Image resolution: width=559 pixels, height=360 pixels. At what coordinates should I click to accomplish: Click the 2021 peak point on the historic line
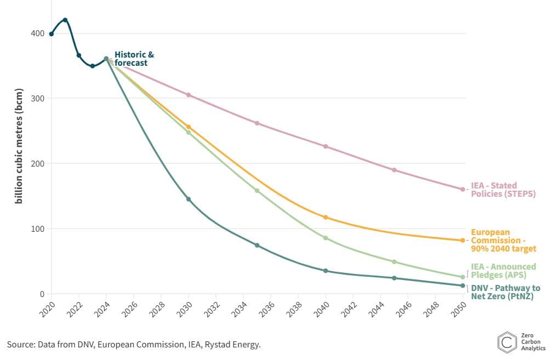point(65,20)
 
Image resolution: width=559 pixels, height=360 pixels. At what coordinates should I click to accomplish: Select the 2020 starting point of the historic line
point(52,34)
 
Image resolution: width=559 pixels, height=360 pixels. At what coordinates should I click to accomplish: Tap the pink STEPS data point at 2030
point(189,95)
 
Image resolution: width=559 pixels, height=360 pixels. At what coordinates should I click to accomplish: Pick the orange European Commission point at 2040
point(326,218)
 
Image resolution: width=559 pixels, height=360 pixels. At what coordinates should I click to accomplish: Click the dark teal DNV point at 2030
point(189,199)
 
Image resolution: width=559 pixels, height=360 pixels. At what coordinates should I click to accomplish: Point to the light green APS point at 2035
point(257,191)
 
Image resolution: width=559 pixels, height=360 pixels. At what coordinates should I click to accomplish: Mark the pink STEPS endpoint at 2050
point(463,189)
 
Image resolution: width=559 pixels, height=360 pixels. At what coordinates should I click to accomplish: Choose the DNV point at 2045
point(394,278)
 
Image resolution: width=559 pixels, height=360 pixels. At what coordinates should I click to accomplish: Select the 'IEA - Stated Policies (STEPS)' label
point(503,190)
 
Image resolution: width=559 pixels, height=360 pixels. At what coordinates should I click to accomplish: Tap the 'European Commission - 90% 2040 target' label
point(503,240)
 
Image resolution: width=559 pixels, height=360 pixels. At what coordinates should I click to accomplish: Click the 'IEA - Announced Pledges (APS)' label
point(503,271)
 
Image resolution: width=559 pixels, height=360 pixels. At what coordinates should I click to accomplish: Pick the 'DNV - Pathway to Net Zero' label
point(505,292)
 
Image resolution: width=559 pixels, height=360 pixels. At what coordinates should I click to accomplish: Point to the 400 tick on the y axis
point(37,33)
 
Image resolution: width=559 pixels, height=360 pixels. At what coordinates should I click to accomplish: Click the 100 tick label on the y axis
point(37,228)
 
